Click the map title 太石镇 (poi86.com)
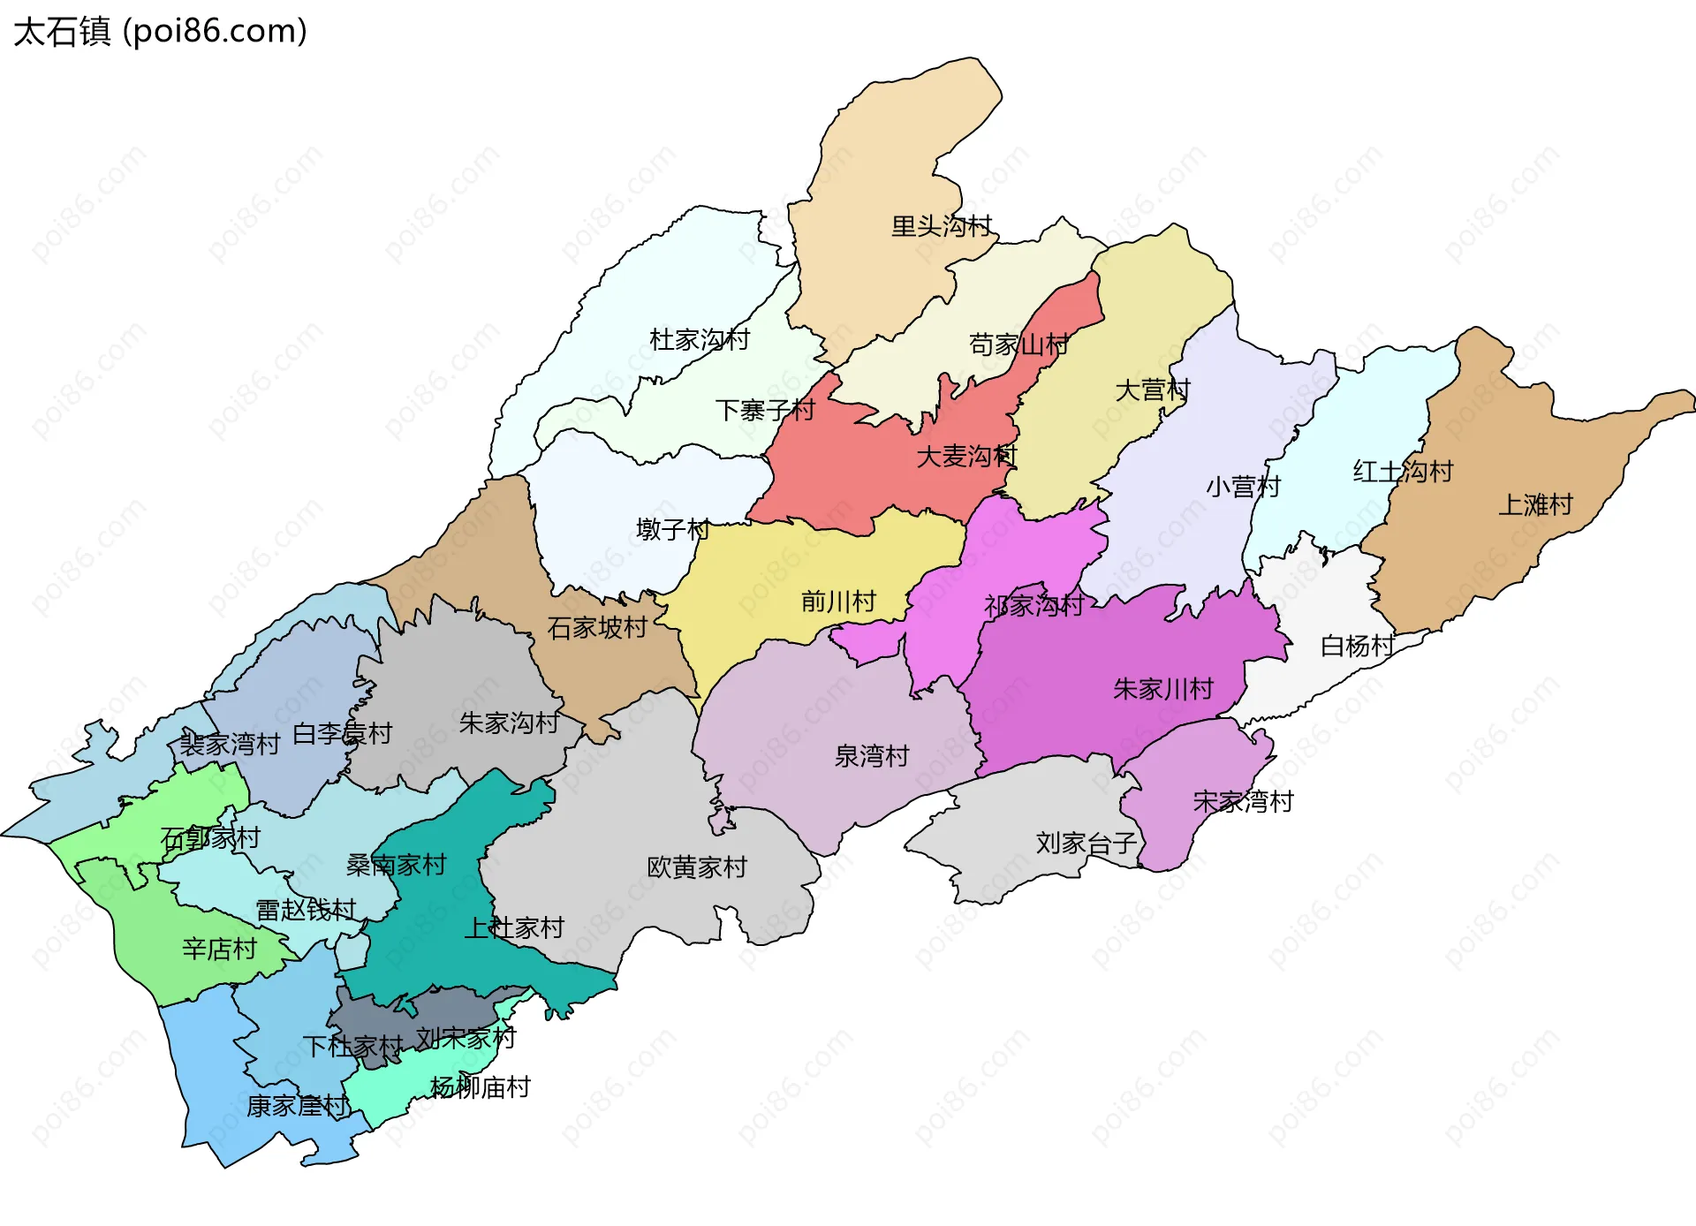160,31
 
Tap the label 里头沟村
942,226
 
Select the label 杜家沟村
700,340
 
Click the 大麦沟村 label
966,457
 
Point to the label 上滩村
1535,505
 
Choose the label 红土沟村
1403,472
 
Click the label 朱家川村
1163,689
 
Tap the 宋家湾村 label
1243,802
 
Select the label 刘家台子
1086,844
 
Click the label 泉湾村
872,757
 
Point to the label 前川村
838,602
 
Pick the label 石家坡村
597,628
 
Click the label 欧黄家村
697,867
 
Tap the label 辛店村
219,950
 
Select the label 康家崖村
297,1106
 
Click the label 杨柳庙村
480,1087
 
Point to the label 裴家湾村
230,745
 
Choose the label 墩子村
672,530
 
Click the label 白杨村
1357,647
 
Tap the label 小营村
1243,487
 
